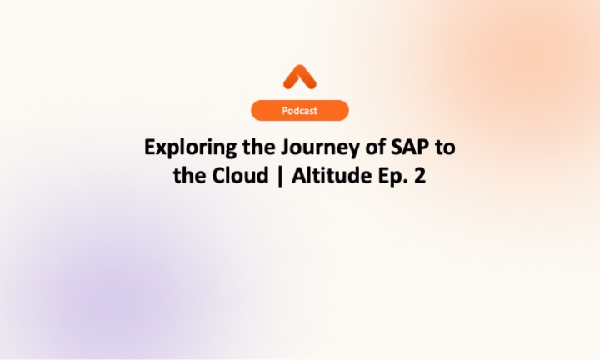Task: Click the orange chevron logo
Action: (x=300, y=77)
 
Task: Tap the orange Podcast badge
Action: (x=300, y=110)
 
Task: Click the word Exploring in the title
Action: (x=182, y=148)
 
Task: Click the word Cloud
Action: (x=232, y=177)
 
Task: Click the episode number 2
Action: (x=419, y=177)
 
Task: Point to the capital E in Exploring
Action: (x=150, y=147)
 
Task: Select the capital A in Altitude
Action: (x=285, y=177)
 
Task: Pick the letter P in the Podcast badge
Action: (x=285, y=110)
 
